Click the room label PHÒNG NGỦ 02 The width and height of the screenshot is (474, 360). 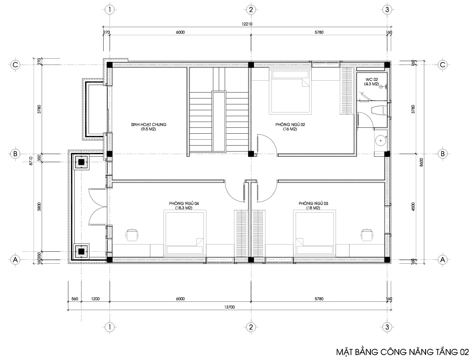(x=290, y=125)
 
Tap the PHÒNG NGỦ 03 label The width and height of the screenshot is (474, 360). (x=313, y=204)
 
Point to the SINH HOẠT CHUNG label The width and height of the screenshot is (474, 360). (x=148, y=124)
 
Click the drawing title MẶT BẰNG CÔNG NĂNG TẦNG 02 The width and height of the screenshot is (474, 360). (x=402, y=352)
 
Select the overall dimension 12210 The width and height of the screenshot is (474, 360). (x=247, y=24)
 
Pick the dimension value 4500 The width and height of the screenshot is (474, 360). (x=420, y=207)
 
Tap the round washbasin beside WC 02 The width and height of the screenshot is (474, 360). (x=381, y=140)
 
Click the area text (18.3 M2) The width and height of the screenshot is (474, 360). (x=184, y=208)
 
